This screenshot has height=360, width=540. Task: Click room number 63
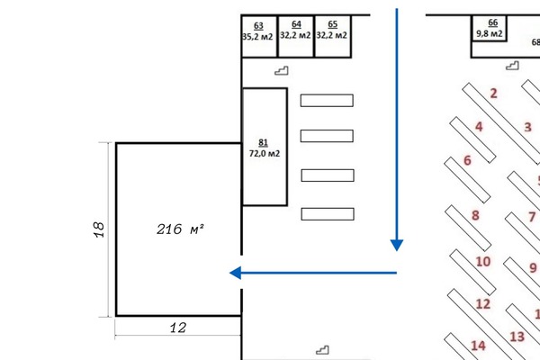[x=259, y=25]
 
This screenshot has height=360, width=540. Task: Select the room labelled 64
[x=296, y=24]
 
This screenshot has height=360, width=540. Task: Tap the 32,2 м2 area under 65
[x=333, y=36]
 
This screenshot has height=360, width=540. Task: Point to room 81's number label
[x=264, y=143]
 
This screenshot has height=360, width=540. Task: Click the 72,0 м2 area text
[x=265, y=154]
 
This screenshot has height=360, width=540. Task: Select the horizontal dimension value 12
[x=178, y=328]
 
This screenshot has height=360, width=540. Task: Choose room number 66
[x=492, y=22]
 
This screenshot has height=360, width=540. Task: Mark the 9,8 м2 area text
[x=490, y=34]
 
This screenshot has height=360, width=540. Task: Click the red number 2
[x=494, y=93]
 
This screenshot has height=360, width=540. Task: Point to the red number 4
[x=479, y=127]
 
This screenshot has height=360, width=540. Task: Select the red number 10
[x=482, y=262]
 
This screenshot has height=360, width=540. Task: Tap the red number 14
[x=478, y=346]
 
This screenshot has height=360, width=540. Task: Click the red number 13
[x=517, y=337]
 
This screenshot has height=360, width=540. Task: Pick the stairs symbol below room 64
[x=283, y=71]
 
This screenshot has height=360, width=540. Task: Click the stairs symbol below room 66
[x=513, y=65]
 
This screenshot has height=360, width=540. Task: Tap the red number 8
[x=475, y=215]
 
